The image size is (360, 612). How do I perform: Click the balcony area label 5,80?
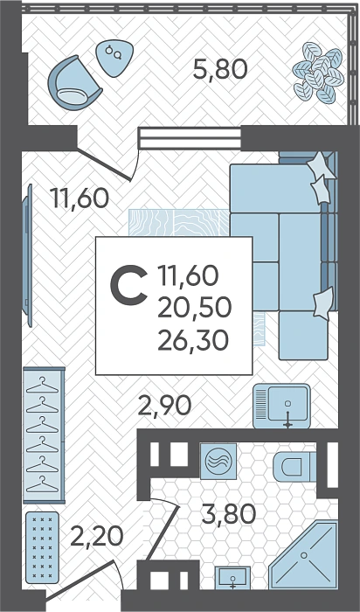click(220, 70)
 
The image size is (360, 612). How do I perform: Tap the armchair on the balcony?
click(74, 83)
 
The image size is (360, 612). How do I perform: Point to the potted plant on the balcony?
click(319, 73)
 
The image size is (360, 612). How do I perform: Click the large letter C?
click(129, 284)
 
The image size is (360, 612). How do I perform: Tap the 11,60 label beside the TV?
click(80, 198)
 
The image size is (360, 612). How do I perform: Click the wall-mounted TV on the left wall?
click(27, 255)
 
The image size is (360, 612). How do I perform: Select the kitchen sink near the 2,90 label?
click(281, 406)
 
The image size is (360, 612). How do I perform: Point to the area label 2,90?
click(165, 406)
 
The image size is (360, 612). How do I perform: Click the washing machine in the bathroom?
click(218, 461)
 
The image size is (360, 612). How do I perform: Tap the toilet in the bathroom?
click(294, 467)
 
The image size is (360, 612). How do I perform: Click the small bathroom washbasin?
click(232, 578)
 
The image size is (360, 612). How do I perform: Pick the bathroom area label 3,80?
click(229, 514)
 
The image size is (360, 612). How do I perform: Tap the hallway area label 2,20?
click(96, 536)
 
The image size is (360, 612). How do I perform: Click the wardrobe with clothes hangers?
click(44, 435)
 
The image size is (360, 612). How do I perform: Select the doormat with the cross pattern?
click(42, 547)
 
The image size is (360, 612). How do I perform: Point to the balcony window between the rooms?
click(190, 138)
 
